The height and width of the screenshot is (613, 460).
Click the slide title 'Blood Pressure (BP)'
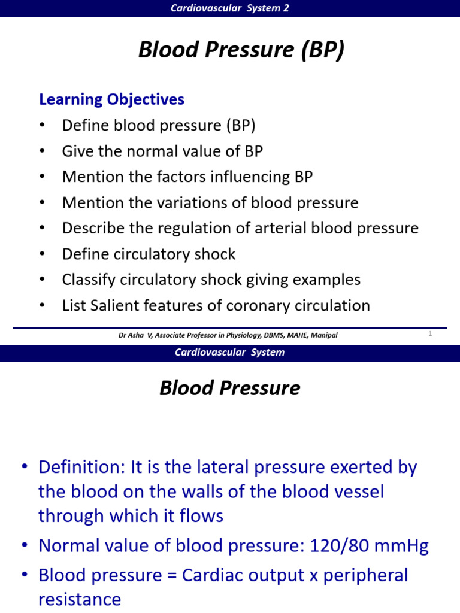(x=241, y=51)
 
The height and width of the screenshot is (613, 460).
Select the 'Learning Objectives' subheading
(x=111, y=99)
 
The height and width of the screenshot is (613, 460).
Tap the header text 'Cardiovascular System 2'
(x=230, y=8)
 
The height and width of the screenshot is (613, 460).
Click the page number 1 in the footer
(x=430, y=334)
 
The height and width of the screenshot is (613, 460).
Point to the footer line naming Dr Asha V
(x=228, y=335)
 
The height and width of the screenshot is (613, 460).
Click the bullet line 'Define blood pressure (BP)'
(x=159, y=126)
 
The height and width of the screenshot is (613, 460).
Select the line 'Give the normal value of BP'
(x=162, y=151)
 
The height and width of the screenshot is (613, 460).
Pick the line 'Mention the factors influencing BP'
(x=187, y=177)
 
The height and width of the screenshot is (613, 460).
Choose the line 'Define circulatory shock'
(x=149, y=254)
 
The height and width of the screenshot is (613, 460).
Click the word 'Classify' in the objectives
(x=90, y=280)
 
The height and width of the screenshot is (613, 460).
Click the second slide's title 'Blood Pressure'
(x=229, y=389)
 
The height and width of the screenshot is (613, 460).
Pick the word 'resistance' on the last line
(x=80, y=599)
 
